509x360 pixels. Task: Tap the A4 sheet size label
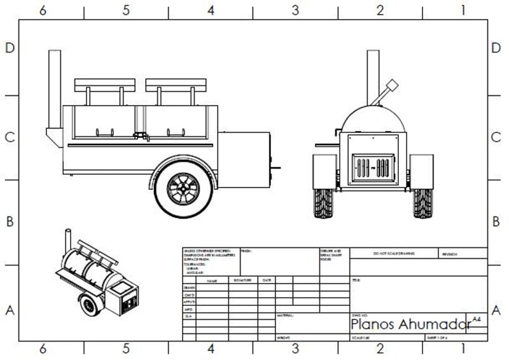pos(477,318)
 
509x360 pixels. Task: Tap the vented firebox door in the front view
pos(372,169)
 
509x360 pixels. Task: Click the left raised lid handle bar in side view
pos(106,83)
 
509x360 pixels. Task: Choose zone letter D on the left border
pos(10,49)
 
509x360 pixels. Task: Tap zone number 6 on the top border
pos(42,10)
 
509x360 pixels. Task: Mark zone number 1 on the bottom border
pos(463,349)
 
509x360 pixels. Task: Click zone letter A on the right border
pos(496,310)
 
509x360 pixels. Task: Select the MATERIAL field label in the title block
pos(284,315)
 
